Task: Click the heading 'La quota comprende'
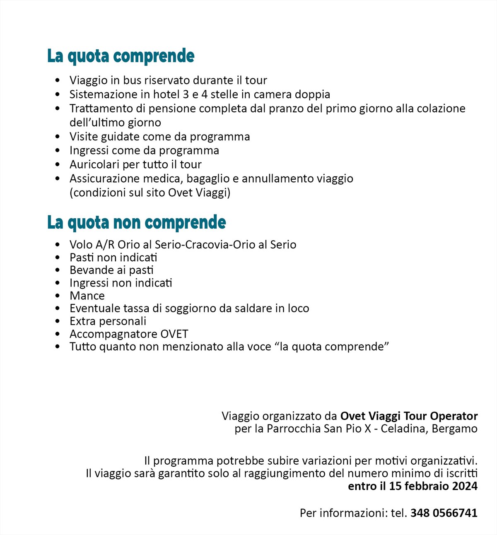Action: [x=121, y=56]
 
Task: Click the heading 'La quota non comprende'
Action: [x=136, y=222]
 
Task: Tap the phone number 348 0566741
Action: [x=444, y=513]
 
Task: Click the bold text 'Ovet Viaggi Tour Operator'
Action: [x=409, y=416]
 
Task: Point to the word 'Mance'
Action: [x=87, y=296]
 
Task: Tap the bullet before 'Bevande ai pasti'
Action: [x=58, y=270]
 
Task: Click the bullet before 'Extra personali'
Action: [x=58, y=321]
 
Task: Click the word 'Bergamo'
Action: [x=454, y=429]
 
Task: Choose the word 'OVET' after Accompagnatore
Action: [x=176, y=334]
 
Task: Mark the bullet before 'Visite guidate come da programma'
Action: [x=58, y=137]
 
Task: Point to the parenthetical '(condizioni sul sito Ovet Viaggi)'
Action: [x=150, y=193]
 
